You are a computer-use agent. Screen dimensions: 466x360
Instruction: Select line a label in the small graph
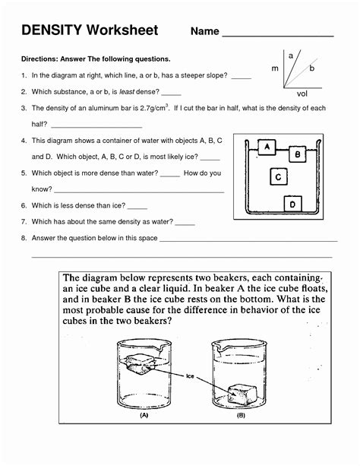tap(291, 55)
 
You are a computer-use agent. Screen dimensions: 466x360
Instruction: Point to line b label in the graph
tap(312, 68)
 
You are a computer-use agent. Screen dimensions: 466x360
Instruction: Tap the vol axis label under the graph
tap(302, 95)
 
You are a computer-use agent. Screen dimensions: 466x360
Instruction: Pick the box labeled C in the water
tap(279, 177)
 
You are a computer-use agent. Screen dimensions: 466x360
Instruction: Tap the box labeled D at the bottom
tap(292, 203)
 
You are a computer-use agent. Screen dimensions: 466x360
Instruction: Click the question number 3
tap(24, 109)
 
